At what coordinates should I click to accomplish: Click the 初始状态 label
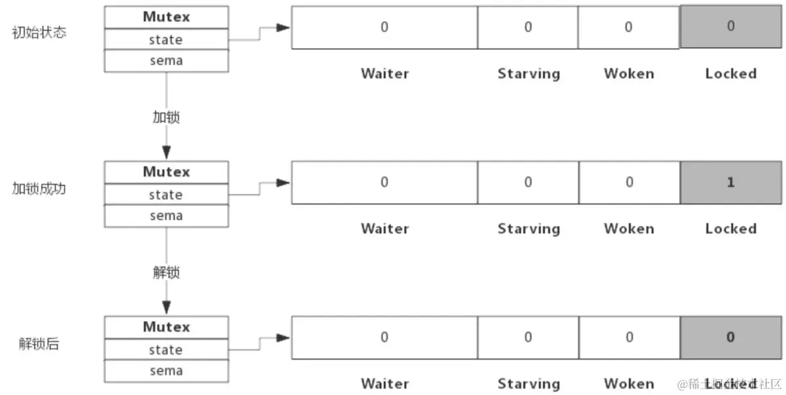coord(39,33)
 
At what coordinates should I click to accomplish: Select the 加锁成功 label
coord(39,189)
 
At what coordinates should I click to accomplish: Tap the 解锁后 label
coord(39,343)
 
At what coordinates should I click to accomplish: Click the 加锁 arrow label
coord(166,117)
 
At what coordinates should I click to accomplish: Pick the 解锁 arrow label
coord(166,273)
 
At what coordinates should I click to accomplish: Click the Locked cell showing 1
coord(730,183)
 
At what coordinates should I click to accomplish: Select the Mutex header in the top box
coord(166,17)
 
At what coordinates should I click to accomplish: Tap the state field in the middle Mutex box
coord(166,195)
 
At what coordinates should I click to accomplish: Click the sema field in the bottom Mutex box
coord(166,371)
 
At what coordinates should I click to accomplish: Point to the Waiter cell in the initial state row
coord(384,28)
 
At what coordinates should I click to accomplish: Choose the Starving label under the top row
coord(529,73)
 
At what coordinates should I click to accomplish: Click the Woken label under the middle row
coord(629,229)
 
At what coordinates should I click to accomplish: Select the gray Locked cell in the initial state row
coord(730,27)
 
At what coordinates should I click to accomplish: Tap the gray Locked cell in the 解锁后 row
coord(730,337)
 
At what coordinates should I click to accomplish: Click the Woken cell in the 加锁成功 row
coord(629,183)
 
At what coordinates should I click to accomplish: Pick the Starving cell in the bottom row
coord(528,337)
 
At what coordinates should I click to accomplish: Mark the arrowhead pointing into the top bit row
coord(282,28)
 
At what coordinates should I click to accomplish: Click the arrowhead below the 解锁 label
coord(166,307)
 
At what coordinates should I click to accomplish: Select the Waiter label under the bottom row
coord(384,383)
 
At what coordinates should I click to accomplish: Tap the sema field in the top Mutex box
coord(166,61)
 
